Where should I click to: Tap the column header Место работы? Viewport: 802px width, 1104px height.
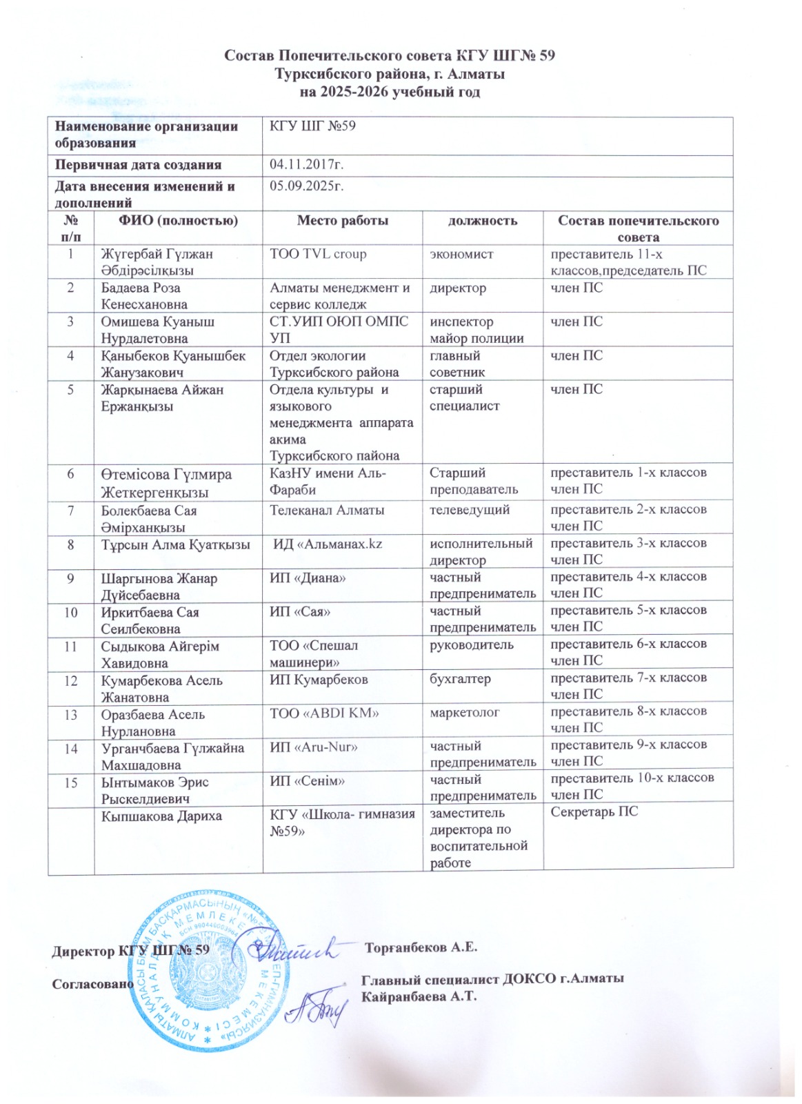coord(342,221)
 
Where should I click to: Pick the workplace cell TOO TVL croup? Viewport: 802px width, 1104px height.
coord(318,254)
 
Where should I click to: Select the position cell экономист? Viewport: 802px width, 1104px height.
coord(461,254)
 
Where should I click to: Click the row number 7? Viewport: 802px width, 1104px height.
coord(71,511)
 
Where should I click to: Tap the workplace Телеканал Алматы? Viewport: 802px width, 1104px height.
coord(327,511)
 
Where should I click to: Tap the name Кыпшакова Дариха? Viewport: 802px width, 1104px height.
coord(161,816)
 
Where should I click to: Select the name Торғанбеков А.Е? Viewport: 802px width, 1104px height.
coord(421,947)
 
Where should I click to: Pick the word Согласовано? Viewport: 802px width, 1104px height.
coord(92,984)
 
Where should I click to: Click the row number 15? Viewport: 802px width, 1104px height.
coord(71,782)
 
